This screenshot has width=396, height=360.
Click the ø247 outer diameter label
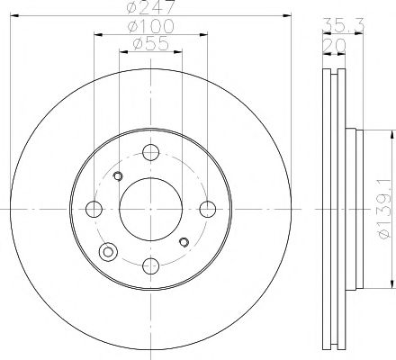[x=150, y=8]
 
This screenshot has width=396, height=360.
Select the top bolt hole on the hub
[x=150, y=154]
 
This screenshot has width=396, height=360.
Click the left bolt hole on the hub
[x=94, y=210]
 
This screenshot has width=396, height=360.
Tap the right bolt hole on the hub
[x=208, y=210]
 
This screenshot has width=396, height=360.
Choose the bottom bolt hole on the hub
[x=150, y=266]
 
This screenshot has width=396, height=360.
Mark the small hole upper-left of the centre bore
[x=117, y=176]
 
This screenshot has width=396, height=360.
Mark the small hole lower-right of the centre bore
[x=184, y=241]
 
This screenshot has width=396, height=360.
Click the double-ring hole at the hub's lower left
[x=110, y=253]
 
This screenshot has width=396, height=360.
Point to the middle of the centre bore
[x=150, y=210]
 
